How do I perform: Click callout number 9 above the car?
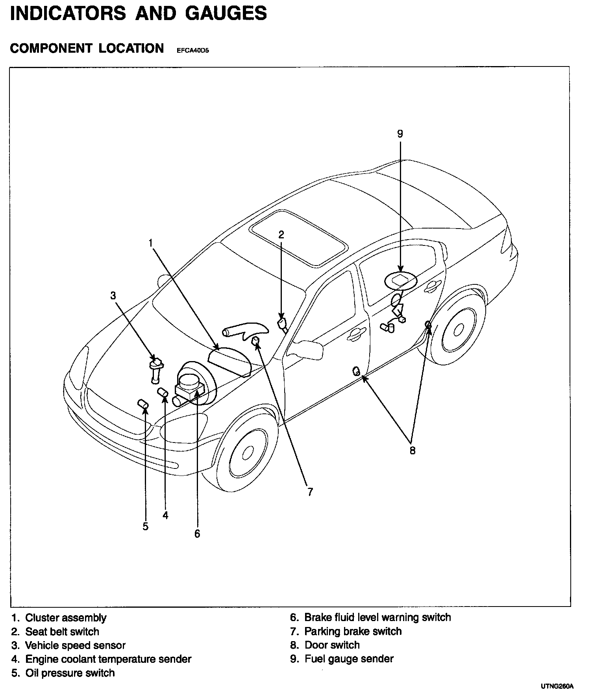400,134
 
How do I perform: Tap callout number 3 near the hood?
113,295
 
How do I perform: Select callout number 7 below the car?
310,492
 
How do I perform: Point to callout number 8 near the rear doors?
412,450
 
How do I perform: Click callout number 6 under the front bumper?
197,534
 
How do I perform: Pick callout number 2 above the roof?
281,235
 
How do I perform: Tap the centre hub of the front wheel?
248,453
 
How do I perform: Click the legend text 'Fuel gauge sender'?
349,659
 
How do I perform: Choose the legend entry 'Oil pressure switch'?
70,673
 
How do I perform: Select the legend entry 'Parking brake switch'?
353,631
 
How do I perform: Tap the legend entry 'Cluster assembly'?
66,618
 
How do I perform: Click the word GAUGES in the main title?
226,13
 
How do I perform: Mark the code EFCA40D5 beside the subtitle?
190,50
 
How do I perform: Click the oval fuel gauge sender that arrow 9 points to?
400,280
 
